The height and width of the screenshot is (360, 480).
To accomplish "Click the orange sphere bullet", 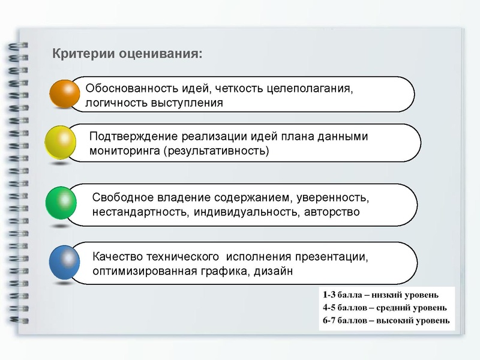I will [x=64, y=94].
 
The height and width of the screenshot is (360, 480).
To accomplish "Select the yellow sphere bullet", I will [x=61, y=142].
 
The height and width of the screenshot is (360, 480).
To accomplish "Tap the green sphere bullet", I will [x=61, y=203].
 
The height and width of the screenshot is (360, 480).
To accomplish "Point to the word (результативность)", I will [x=217, y=150].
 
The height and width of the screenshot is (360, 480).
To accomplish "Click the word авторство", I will [x=332, y=212].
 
